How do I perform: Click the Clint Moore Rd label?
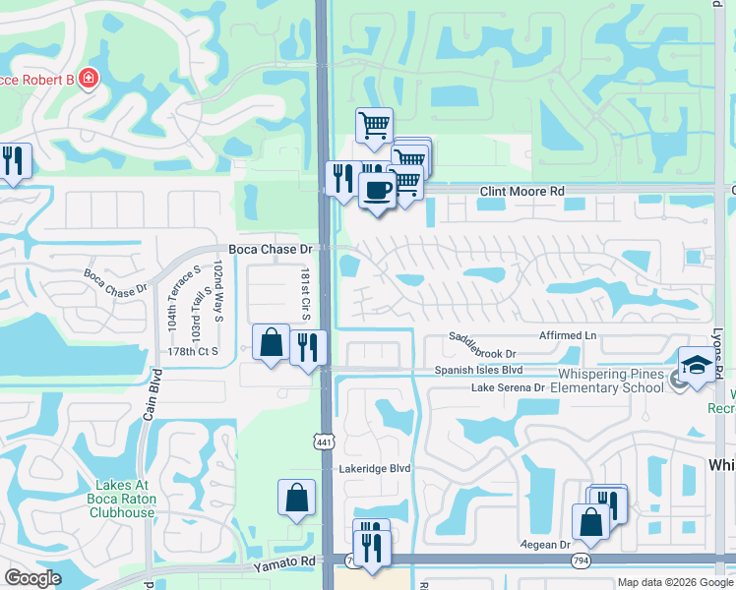coord(522,192)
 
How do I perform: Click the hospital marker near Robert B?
coord(89,78)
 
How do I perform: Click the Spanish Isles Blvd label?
coord(479,371)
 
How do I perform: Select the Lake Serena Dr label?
coord(508,388)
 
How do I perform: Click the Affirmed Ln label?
coord(568,335)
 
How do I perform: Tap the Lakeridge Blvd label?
coord(374,469)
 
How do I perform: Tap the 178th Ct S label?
coord(192,351)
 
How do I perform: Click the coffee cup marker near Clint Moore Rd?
coord(376,189)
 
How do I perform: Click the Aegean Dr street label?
coord(552,545)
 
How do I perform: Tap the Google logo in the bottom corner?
coord(33,578)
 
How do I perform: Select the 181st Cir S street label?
coord(306,292)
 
